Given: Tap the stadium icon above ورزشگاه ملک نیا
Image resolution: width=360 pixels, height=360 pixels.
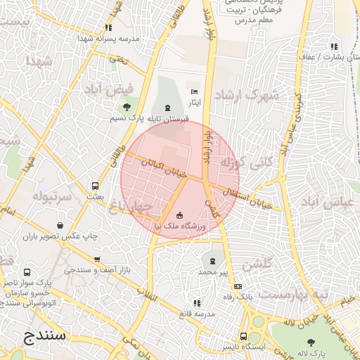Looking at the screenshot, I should [x=179, y=214].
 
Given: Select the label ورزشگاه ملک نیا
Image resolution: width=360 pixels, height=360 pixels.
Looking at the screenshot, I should [x=179, y=226].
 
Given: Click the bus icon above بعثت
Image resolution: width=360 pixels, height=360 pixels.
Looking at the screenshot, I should [x=95, y=186].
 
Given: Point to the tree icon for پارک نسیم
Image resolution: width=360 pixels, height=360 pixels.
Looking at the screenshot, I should [x=127, y=108].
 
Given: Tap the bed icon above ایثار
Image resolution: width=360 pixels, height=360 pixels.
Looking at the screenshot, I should [x=195, y=92].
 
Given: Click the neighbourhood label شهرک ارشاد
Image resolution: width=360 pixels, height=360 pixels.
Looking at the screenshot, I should [x=246, y=94].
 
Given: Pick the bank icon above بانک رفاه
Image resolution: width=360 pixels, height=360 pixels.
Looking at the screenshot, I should [x=238, y=286].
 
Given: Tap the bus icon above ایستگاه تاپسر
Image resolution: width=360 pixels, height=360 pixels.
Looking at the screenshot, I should [x=243, y=336].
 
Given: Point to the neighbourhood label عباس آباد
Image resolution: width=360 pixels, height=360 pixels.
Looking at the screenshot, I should [x=330, y=203].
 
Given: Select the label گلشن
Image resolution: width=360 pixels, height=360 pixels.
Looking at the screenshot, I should [x=256, y=266].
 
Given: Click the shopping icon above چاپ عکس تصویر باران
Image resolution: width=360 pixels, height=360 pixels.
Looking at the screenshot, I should [x=61, y=226].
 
